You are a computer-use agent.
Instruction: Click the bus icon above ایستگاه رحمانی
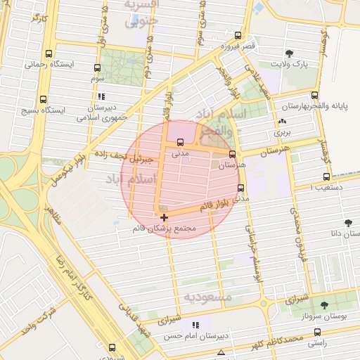[49, 53]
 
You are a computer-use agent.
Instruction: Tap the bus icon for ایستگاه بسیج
[44, 99]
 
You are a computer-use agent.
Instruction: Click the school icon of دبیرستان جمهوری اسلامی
[102, 96]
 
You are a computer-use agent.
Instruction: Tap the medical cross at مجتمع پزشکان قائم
[164, 217]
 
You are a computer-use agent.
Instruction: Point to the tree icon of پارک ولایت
[289, 53]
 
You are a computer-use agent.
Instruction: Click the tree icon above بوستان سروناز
[324, 305]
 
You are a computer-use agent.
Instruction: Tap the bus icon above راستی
[314, 328]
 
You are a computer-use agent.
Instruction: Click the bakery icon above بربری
[282, 121]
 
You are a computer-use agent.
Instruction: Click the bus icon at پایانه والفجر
[314, 96]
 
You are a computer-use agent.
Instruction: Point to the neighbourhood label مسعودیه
[208, 297]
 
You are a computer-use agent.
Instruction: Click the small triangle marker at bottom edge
[221, 352]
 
